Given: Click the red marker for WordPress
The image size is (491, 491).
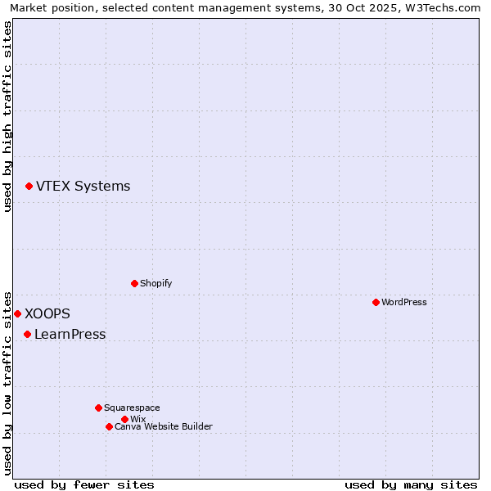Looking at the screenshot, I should tap(376, 302).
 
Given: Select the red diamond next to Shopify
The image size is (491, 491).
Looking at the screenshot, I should tap(134, 283).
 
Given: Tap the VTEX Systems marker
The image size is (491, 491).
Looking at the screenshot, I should tap(29, 187).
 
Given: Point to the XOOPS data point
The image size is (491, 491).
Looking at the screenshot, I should tap(17, 313).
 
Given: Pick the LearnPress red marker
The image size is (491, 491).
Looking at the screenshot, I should tap(27, 334).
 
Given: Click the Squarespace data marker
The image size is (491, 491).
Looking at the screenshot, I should tap(98, 408).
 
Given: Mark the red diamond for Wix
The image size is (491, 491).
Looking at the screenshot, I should tap(124, 419).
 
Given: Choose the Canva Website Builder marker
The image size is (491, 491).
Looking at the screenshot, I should tap(109, 426).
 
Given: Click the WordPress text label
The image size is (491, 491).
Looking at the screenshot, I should tap(404, 302).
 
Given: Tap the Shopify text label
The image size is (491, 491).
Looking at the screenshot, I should tap(155, 283).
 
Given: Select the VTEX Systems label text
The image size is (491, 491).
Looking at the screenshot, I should tap(83, 187).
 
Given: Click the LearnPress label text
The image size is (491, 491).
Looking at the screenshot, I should tap(70, 334).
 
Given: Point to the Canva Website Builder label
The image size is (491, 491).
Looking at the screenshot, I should tap(164, 426).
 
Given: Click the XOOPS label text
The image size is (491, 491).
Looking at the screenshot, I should tap(47, 313).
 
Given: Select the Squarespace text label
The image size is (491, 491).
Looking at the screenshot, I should tap(132, 408).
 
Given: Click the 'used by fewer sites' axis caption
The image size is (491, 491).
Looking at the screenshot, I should tap(84, 484).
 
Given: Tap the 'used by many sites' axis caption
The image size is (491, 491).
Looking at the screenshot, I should tap(411, 484).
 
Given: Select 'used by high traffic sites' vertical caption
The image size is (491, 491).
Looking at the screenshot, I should tap(7, 117).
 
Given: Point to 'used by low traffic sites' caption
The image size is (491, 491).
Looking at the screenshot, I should tap(7, 382).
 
